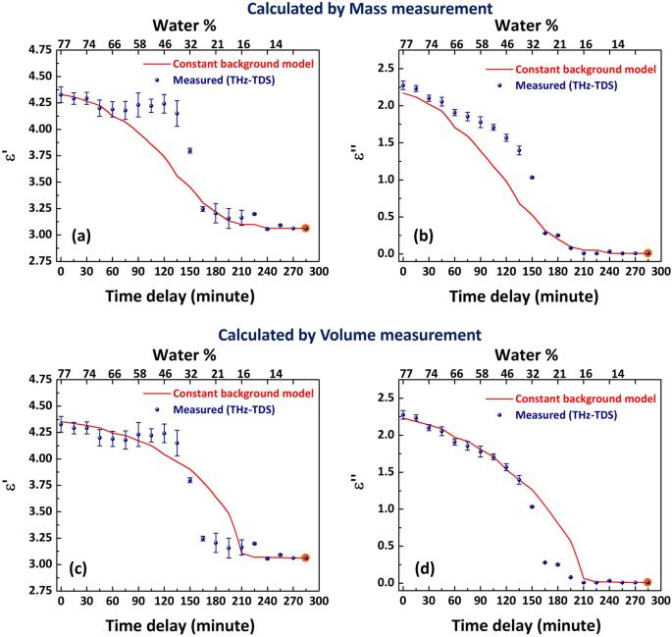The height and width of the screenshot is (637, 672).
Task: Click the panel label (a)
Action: click(85, 236)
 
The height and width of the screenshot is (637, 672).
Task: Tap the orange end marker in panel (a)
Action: click(305, 228)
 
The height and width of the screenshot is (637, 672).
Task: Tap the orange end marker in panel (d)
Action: click(646, 582)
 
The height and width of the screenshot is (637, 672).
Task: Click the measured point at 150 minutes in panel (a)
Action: click(189, 150)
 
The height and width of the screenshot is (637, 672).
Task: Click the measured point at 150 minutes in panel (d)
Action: click(532, 506)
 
